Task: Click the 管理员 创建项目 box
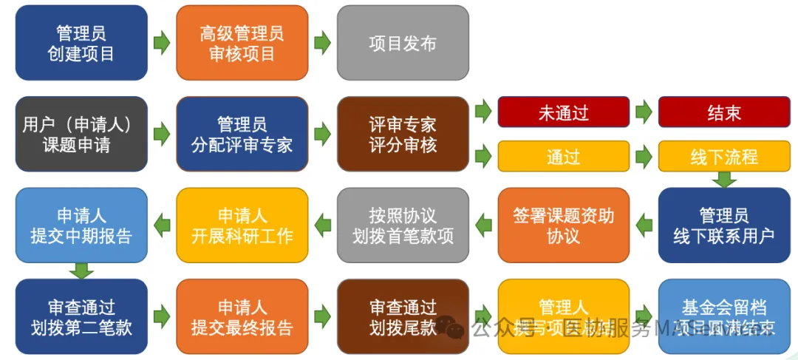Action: [81, 43]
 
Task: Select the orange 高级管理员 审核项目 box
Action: [242, 43]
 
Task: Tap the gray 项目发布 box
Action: [403, 43]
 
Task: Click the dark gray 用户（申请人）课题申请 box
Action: [81, 134]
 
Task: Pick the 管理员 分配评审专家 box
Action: [242, 134]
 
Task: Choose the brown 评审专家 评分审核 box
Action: [403, 134]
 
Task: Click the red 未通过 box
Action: [563, 112]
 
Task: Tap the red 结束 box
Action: [724, 112]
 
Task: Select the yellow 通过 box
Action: [563, 156]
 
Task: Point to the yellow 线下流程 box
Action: [724, 156]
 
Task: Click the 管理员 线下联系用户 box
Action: [724, 225]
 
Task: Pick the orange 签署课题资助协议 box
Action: [563, 225]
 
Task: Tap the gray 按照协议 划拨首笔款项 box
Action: [403, 225]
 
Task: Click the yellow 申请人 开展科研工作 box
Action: [242, 225]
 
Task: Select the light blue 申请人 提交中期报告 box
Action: [81, 225]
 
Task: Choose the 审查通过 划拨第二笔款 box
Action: [81, 316]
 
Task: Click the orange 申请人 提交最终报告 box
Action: [242, 316]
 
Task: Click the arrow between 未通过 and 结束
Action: [644, 112]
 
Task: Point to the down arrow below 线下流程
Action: [724, 180]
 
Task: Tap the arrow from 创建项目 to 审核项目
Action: [161, 43]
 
